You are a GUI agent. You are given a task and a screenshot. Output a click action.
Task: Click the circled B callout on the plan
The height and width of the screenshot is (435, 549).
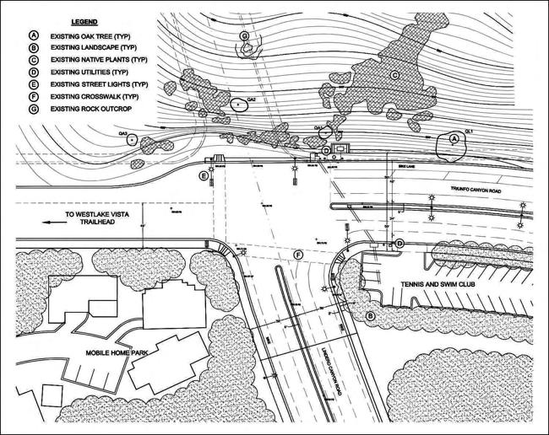[369, 315]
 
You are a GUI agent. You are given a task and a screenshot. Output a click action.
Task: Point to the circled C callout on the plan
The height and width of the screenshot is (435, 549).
[394, 76]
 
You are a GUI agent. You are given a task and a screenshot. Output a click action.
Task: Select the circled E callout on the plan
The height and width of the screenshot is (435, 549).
[202, 175]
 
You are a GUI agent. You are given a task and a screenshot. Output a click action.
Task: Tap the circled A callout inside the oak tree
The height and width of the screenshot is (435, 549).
[453, 137]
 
